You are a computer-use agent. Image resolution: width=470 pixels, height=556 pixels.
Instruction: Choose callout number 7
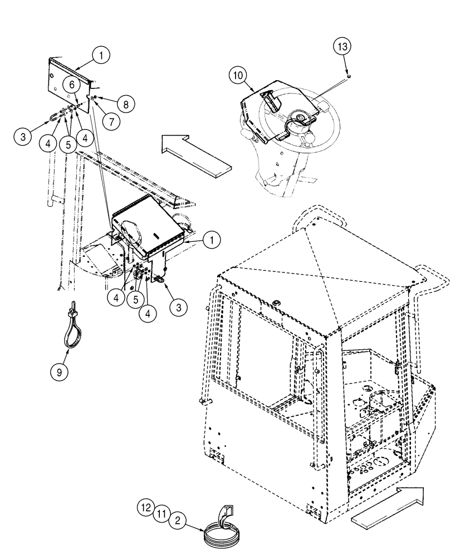click(110, 120)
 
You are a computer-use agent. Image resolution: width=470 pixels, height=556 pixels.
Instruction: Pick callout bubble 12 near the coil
click(145, 507)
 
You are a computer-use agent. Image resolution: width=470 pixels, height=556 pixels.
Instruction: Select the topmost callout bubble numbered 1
click(102, 55)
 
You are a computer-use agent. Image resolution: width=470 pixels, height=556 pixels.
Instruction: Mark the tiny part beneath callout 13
click(347, 71)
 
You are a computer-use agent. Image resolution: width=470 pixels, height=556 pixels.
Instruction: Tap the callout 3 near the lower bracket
click(178, 306)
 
